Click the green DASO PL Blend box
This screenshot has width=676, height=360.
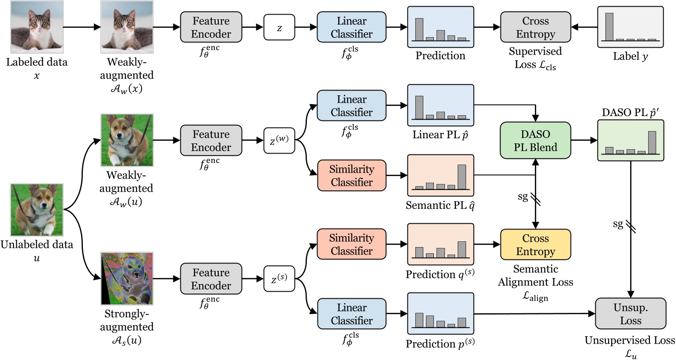(x=535, y=140)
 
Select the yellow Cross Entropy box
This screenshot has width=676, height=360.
(x=535, y=244)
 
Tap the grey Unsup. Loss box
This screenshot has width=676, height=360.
(x=630, y=314)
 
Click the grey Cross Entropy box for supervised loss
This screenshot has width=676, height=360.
(x=535, y=27)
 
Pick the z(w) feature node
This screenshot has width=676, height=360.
(x=279, y=140)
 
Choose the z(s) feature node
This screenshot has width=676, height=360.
(x=279, y=279)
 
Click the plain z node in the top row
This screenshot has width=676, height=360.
(x=279, y=27)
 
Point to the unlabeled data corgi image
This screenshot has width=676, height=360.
(x=37, y=210)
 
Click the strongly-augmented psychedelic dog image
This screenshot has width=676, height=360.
(x=127, y=279)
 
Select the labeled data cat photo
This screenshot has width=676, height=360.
(x=37, y=27)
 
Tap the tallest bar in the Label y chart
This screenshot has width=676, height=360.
(x=609, y=26)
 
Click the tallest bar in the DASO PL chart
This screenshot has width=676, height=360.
(x=652, y=142)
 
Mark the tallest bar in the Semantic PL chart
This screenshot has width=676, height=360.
(x=462, y=176)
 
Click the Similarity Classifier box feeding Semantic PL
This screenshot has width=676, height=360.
(x=351, y=176)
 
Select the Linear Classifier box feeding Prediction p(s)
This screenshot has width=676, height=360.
(x=351, y=314)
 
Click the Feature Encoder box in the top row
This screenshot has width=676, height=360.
(x=211, y=27)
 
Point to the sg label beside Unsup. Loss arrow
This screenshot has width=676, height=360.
(x=618, y=224)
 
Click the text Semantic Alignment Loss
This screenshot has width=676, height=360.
(x=535, y=276)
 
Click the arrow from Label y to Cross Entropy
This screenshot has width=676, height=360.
(x=584, y=27)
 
